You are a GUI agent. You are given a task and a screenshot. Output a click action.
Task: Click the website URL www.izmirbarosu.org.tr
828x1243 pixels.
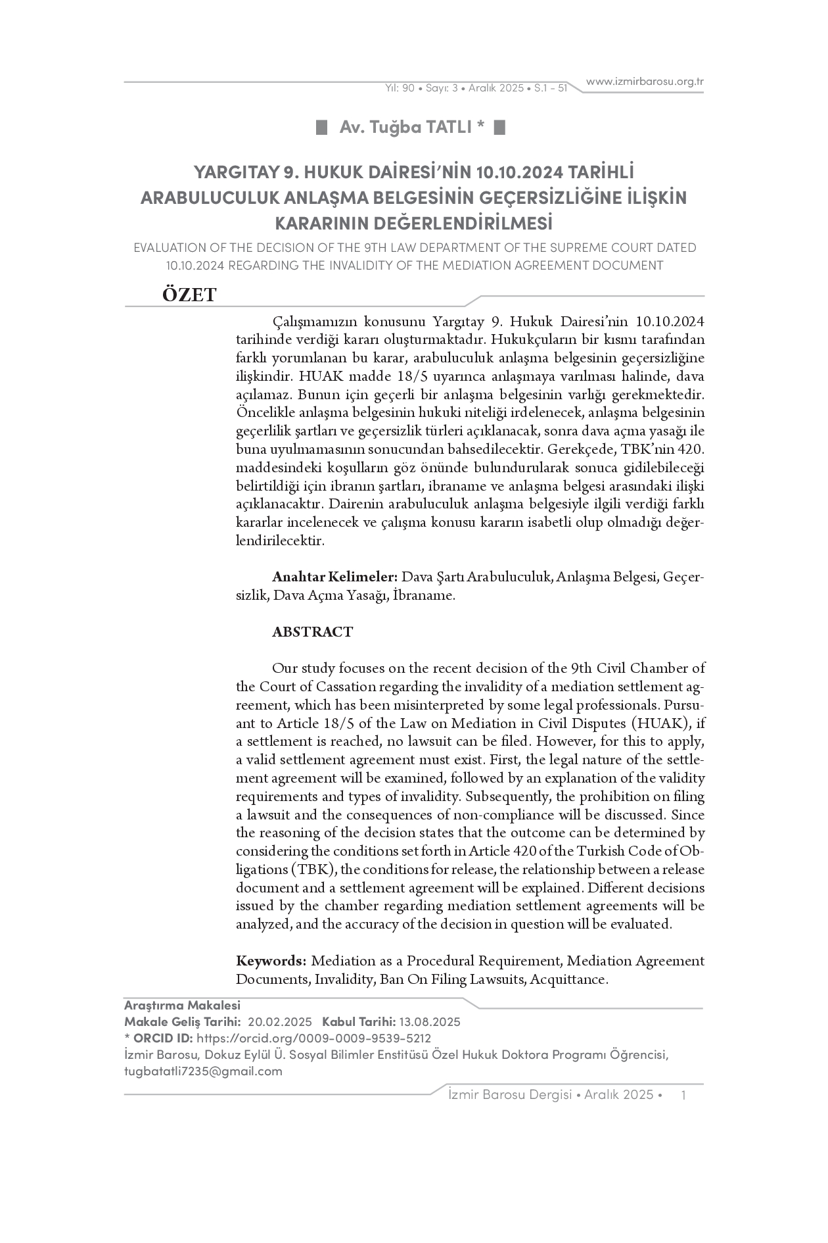click(645, 82)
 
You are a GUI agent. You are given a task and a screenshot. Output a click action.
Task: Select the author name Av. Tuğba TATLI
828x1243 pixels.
click(411, 127)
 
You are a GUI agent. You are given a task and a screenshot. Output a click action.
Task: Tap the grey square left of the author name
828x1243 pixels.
click(321, 127)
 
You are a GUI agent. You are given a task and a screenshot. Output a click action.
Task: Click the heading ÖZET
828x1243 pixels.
click(189, 295)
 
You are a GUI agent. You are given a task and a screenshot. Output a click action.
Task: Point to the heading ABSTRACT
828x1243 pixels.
click(312, 632)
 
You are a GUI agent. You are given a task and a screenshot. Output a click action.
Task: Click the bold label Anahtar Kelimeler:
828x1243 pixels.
click(334, 577)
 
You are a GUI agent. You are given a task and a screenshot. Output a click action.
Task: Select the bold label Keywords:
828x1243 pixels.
click(271, 960)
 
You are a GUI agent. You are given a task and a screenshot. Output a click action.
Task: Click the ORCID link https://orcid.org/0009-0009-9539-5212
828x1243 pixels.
click(313, 1038)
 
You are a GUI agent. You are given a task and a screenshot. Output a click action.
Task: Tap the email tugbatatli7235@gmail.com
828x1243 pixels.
click(203, 1071)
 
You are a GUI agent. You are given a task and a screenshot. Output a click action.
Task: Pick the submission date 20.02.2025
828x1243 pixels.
click(280, 1021)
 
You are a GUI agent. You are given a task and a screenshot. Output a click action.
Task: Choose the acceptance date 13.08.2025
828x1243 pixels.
click(429, 1021)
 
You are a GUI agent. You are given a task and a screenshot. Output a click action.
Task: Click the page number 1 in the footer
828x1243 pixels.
click(684, 1094)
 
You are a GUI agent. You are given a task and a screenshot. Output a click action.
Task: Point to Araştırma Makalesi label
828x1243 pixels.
click(182, 1005)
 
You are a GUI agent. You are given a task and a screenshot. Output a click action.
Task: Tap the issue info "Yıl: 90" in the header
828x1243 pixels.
click(400, 88)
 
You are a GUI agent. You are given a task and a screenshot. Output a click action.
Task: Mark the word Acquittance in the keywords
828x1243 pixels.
click(568, 979)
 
